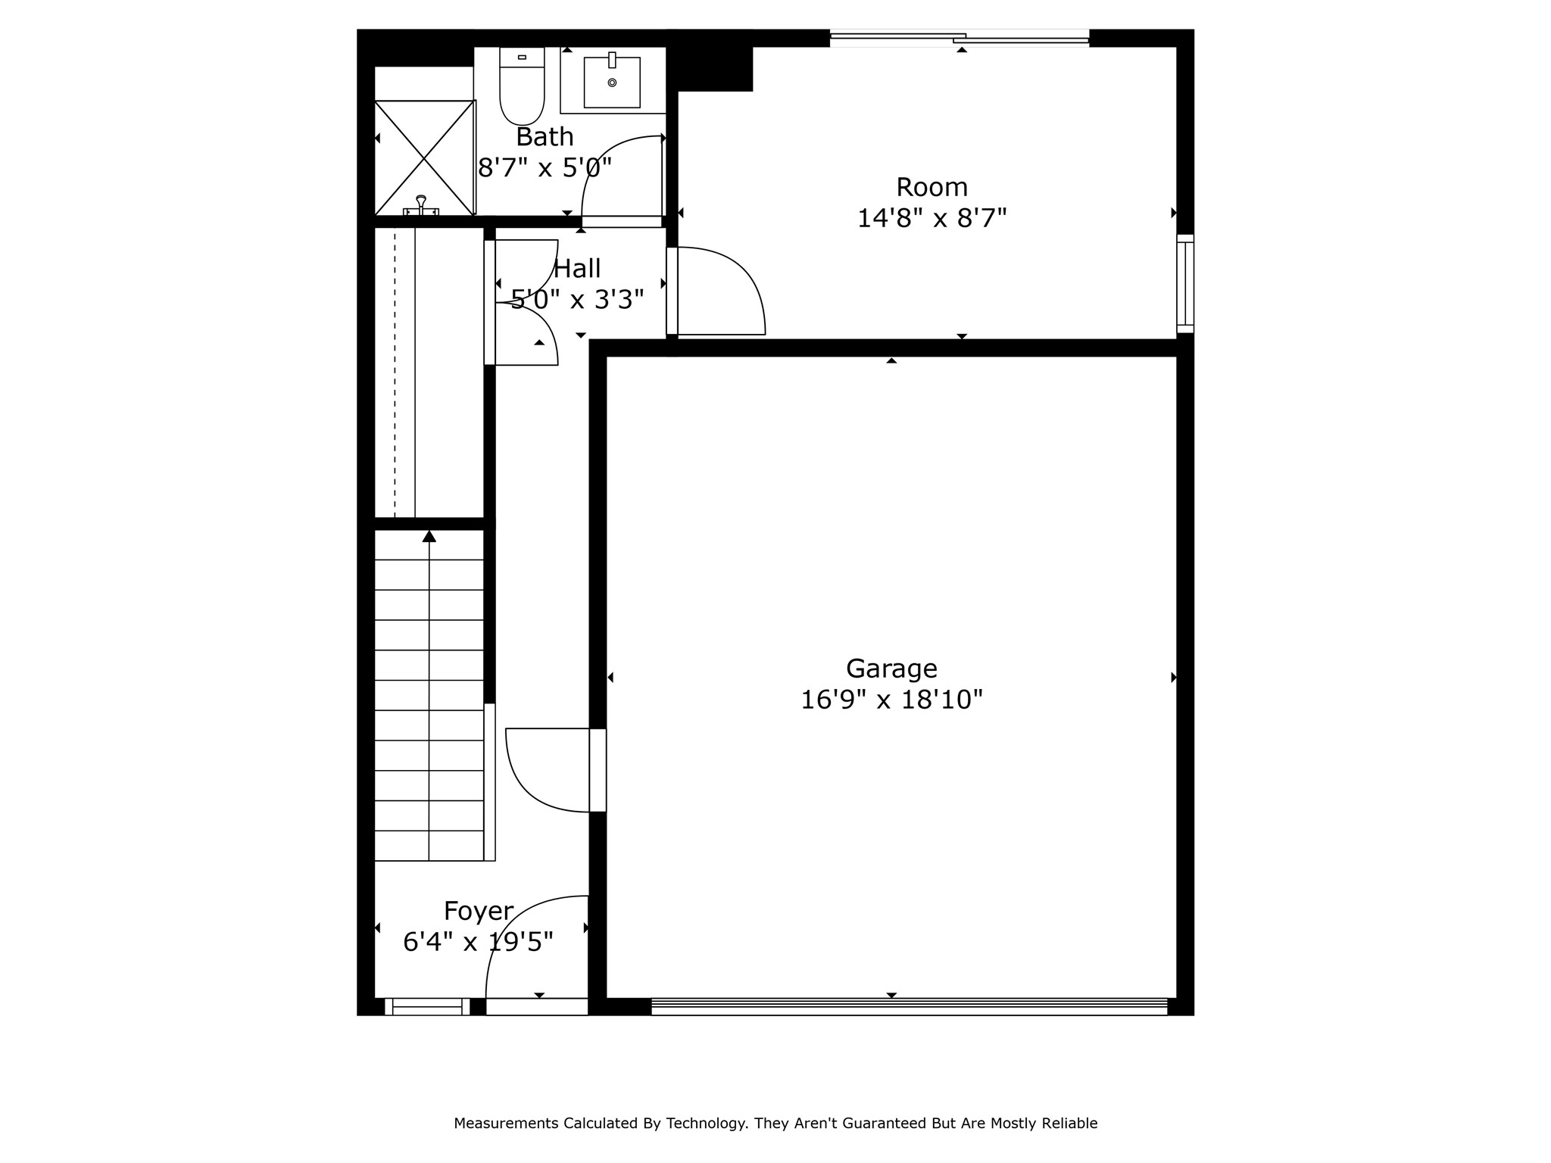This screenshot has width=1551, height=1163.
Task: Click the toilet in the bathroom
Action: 522,86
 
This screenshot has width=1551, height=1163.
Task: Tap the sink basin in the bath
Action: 612,82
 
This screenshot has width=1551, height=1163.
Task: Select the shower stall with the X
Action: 425,158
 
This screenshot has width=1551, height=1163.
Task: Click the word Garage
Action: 891,669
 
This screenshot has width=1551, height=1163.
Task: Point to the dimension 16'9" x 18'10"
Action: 891,700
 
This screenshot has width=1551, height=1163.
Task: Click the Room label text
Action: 932,187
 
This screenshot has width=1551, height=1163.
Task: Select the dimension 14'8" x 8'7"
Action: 932,219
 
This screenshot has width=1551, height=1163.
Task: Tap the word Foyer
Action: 479,911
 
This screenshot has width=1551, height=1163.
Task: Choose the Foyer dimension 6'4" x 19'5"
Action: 479,943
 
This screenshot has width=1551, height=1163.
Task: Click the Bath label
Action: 545,137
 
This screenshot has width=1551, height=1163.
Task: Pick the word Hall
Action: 577,269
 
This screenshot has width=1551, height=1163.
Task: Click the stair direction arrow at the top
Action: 429,536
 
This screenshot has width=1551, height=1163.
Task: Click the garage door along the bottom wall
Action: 910,1006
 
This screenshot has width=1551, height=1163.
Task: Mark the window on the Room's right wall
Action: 1185,284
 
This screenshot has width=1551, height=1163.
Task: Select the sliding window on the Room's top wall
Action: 960,38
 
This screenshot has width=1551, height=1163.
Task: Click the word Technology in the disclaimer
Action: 706,1124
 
